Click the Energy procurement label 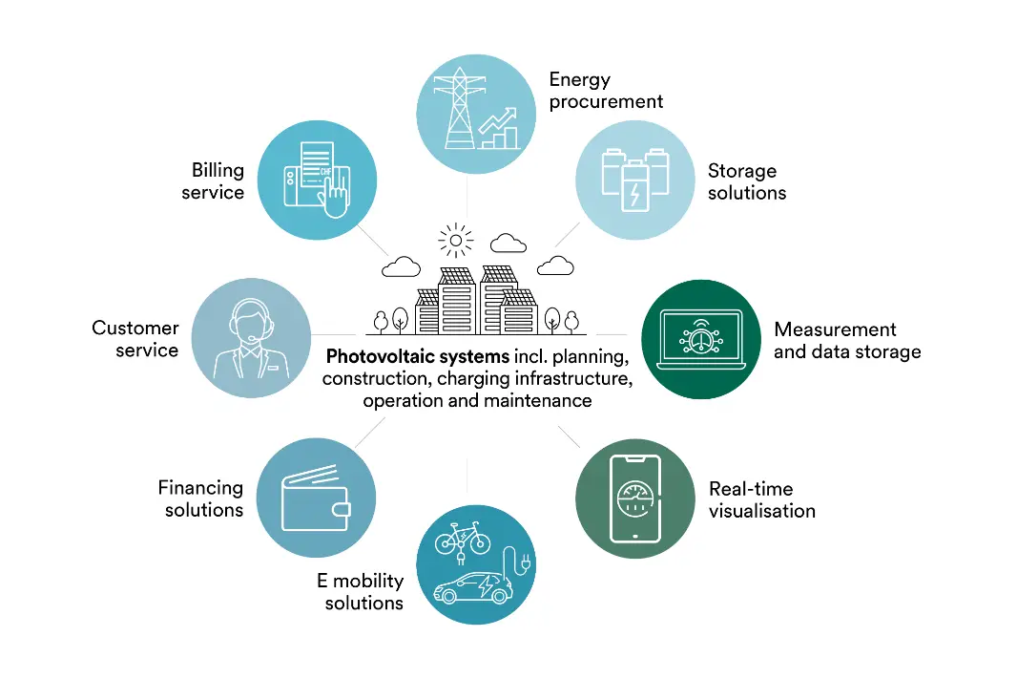click(605, 90)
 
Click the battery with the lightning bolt click(633, 186)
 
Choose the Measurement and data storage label click(846, 340)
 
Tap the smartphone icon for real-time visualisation click(635, 498)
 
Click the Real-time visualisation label click(761, 499)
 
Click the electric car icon click(471, 587)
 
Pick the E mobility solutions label click(362, 591)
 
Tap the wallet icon click(315, 498)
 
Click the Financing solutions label click(201, 499)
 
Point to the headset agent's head click(251, 321)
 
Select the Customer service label click(135, 339)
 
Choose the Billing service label click(218, 180)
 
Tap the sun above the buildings click(455, 240)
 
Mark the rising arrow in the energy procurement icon click(497, 120)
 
